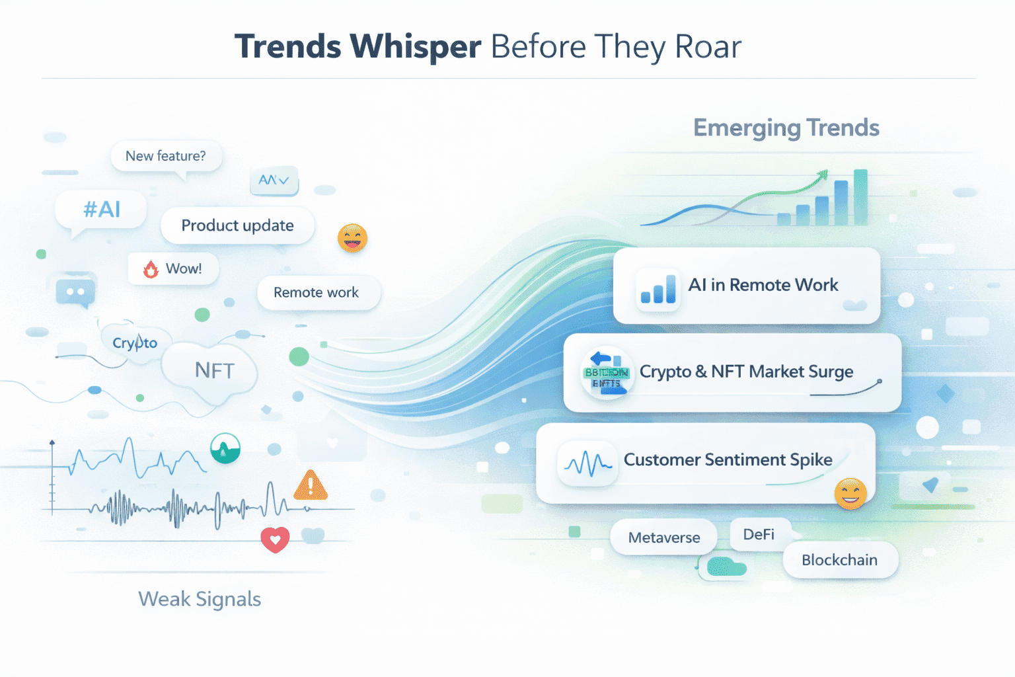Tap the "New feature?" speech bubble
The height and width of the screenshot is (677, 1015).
coord(165,156)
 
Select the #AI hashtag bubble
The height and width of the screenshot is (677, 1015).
coord(102,210)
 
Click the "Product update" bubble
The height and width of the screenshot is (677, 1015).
coord(237,225)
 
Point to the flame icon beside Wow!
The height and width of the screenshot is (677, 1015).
coord(151,269)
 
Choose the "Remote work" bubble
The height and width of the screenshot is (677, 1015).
coord(316,292)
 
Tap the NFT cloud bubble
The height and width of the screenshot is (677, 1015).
coord(214,371)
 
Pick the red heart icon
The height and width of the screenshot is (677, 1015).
coord(275,539)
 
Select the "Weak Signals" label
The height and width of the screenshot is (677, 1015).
coord(200,599)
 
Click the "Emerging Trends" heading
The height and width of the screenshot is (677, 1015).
coord(786,128)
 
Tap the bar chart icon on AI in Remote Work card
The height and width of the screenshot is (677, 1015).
coord(658,290)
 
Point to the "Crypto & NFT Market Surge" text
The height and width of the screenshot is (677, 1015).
coord(746,372)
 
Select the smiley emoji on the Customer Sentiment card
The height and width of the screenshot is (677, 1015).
coord(850,493)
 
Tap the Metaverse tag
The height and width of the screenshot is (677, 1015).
coord(663,538)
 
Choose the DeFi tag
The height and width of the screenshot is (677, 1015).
coord(759,534)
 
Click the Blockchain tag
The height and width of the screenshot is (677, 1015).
coord(839,560)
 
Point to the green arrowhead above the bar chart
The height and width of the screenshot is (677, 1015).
coord(822,175)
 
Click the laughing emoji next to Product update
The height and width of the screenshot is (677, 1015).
coord(352,238)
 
